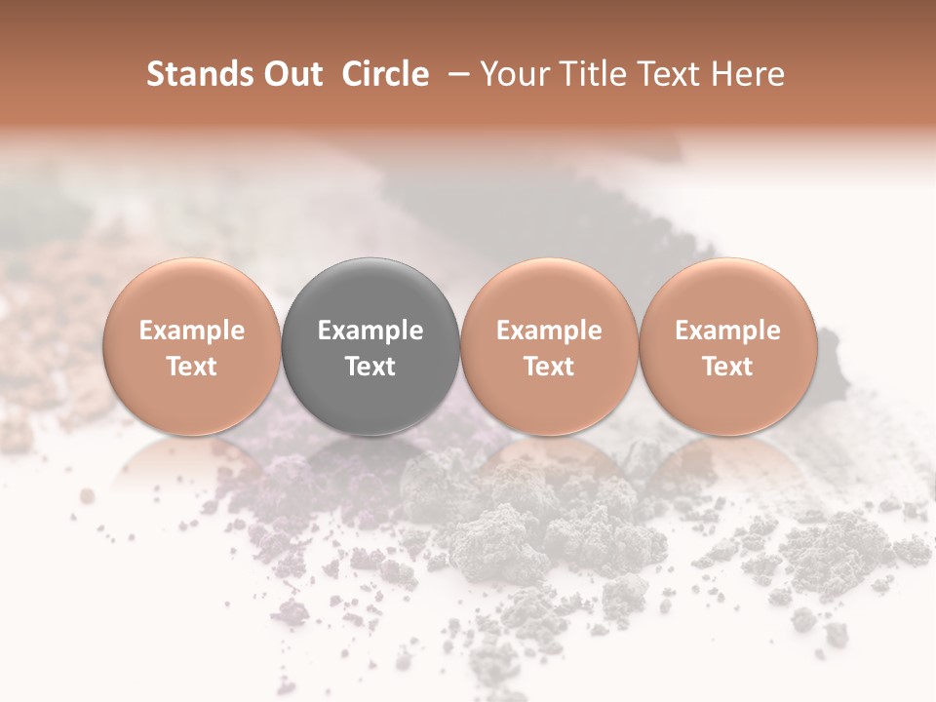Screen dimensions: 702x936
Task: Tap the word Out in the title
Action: point(292,74)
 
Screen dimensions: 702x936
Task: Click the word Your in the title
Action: point(514,74)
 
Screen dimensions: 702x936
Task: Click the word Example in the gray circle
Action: point(370,331)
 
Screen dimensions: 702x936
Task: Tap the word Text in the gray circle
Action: point(370,367)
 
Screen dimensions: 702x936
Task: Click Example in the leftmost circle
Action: point(191,331)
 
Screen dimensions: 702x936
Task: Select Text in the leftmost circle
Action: point(191,367)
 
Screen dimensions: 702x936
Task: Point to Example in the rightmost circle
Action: point(727,331)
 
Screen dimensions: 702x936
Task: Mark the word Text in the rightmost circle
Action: point(727,367)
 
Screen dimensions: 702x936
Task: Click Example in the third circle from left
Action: point(549,331)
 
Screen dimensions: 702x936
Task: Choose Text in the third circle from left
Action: point(549,367)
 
